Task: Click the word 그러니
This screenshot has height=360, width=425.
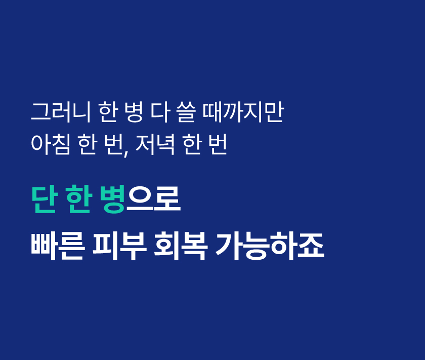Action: (61, 112)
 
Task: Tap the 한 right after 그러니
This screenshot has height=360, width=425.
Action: (108, 112)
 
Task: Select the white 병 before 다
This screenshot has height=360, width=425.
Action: (134, 112)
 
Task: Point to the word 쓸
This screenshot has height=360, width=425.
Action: (186, 112)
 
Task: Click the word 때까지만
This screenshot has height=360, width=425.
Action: (243, 112)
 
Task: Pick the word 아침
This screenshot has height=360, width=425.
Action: (51, 144)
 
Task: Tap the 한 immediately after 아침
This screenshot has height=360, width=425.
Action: (88, 144)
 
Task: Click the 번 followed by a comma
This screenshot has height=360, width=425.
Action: (113, 144)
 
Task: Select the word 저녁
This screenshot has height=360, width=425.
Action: (155, 144)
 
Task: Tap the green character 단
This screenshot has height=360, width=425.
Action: (44, 199)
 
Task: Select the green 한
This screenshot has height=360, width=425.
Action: (78, 199)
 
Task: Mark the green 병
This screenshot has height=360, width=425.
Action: (112, 199)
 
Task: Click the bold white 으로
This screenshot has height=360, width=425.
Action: (153, 199)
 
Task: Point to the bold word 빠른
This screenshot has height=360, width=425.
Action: (58, 247)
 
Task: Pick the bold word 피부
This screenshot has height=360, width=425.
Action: (120, 247)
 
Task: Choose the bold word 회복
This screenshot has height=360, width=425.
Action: (181, 247)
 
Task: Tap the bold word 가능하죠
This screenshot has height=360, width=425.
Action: (270, 247)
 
